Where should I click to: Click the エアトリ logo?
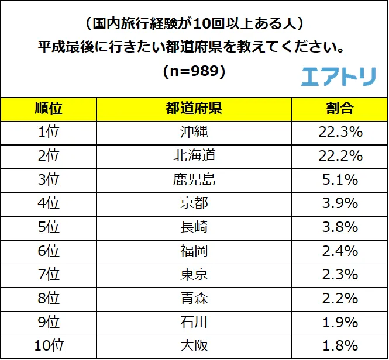(338, 77)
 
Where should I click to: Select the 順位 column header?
(49, 109)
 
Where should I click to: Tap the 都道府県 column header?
(194, 109)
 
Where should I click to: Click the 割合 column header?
(340, 109)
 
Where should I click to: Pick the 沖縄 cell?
(194, 132)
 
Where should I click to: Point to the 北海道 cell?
(194, 156)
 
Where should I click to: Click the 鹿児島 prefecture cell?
(194, 179)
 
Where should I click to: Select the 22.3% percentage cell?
(340, 132)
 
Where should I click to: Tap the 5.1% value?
(340, 179)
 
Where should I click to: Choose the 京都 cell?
(194, 203)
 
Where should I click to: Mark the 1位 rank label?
(49, 132)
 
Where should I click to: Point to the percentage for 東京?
(340, 275)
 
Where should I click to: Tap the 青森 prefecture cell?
(194, 299)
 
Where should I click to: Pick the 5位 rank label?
(49, 227)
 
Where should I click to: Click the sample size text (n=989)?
(194, 71)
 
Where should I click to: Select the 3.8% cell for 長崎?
(340, 227)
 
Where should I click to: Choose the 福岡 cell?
(194, 251)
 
